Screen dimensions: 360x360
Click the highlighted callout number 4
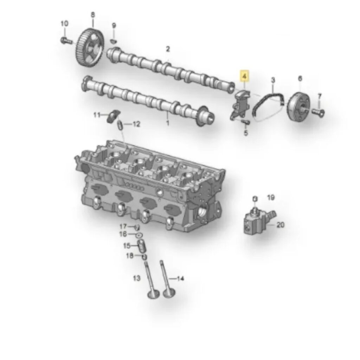click(245, 76)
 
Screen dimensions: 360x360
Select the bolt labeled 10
click(66, 41)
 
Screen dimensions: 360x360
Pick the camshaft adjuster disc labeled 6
click(298, 105)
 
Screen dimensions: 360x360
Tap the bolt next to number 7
click(319, 112)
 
